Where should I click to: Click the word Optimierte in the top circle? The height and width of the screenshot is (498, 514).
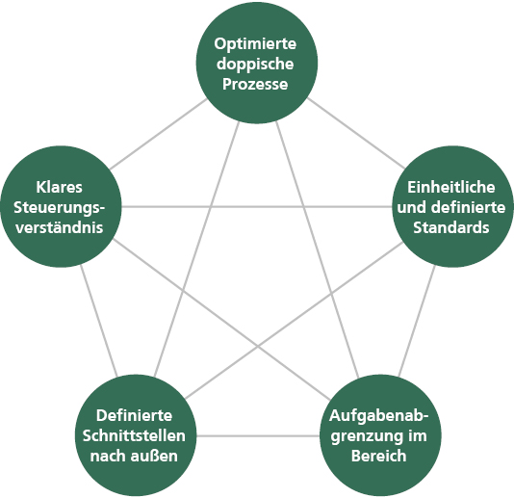255,43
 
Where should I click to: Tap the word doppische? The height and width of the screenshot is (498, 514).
255,64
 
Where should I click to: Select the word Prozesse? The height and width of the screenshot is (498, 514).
255,84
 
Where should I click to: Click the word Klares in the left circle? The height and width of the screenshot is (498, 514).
60,187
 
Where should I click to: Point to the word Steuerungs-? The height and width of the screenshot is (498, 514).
60,208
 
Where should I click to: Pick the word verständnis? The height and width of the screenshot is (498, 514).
60,227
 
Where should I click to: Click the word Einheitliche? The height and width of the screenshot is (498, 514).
451,187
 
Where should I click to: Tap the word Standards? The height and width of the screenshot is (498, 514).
451,227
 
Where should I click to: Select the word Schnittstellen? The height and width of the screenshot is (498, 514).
134,436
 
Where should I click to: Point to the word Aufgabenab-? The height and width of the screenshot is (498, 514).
379,416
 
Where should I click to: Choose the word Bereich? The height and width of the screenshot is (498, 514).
379,456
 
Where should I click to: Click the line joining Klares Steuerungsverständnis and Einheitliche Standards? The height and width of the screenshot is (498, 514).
257,207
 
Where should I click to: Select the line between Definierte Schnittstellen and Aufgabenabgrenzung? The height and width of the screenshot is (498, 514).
258,435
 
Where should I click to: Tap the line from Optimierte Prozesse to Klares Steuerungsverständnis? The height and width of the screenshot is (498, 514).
158,134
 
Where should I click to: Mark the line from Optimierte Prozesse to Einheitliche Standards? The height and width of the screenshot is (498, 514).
356,133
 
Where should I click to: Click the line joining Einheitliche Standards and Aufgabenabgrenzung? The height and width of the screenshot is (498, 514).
417,321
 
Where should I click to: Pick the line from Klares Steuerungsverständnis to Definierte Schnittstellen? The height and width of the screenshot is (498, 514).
99,321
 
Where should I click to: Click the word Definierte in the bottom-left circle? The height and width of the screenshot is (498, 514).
134,416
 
